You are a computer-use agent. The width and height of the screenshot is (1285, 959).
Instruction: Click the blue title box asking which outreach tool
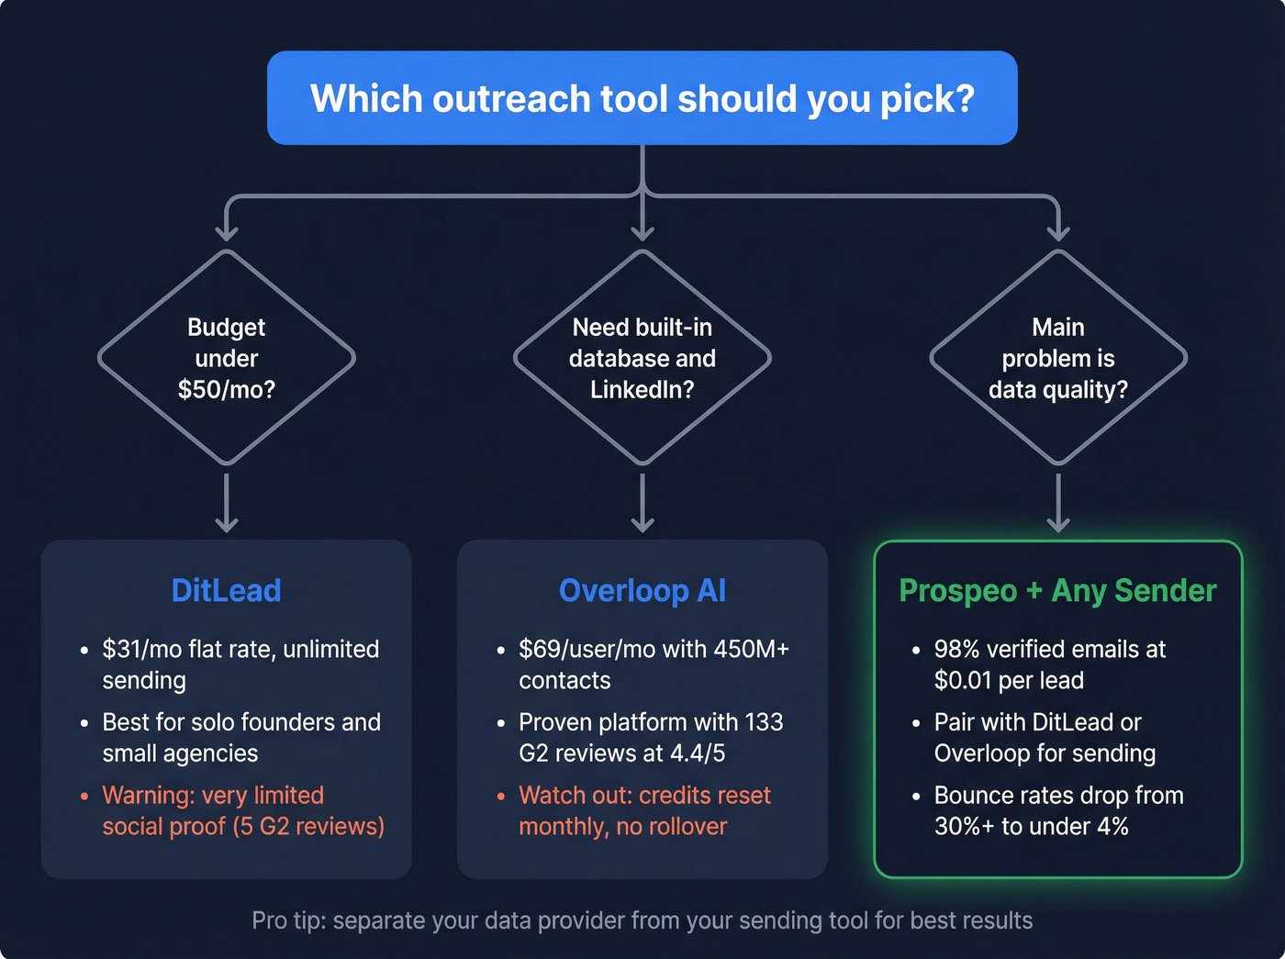[x=642, y=98]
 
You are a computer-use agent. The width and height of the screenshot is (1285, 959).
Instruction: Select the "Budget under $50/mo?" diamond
[x=227, y=358]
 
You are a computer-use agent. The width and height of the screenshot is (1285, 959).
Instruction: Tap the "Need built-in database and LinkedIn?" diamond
[x=642, y=358]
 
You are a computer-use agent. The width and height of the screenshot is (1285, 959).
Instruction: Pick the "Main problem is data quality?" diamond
[x=1058, y=358]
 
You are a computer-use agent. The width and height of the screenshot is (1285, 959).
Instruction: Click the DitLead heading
[x=226, y=590]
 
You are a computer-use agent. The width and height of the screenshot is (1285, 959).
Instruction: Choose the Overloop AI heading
[x=642, y=590]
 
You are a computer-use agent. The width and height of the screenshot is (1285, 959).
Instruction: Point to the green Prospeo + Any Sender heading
[x=1057, y=590]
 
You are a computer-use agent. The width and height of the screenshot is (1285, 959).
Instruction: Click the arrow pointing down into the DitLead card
[x=227, y=505]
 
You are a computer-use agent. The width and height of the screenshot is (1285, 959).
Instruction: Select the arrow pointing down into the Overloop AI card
[x=642, y=505]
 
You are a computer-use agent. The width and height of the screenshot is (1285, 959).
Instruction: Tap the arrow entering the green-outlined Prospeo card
[x=1058, y=505]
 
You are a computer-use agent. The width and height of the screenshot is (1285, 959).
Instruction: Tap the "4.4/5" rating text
[x=694, y=753]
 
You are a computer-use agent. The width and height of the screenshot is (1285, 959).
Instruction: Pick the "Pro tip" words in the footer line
[x=287, y=920]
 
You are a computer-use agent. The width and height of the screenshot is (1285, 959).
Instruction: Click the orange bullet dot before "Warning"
[x=84, y=796]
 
